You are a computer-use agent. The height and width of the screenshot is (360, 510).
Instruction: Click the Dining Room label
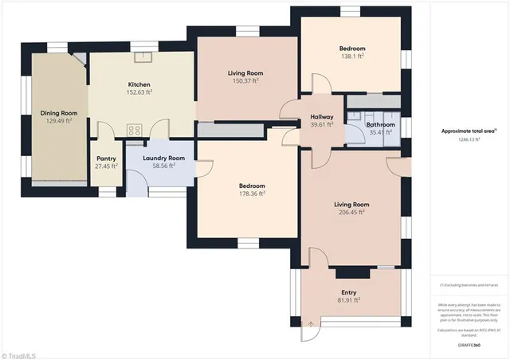click(x=59, y=113)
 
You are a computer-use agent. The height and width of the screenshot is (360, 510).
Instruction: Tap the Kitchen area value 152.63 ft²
click(x=139, y=92)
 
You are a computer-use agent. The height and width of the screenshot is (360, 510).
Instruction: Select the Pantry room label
click(x=106, y=158)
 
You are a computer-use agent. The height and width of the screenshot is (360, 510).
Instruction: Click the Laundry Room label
click(x=163, y=158)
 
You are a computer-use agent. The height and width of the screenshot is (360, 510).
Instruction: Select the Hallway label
click(x=322, y=117)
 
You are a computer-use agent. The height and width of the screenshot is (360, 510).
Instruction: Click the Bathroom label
click(x=380, y=124)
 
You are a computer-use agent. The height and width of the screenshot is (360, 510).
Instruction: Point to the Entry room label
click(x=348, y=292)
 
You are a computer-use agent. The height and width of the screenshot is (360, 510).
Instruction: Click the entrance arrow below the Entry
click(x=310, y=323)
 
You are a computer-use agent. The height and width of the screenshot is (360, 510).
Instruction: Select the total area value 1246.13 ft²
click(x=470, y=139)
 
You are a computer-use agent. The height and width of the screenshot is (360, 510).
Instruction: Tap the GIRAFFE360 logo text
click(x=470, y=344)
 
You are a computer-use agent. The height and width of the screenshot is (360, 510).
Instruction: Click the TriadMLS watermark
click(x=24, y=353)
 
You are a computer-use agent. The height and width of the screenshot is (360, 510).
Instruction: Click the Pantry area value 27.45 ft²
click(x=106, y=166)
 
